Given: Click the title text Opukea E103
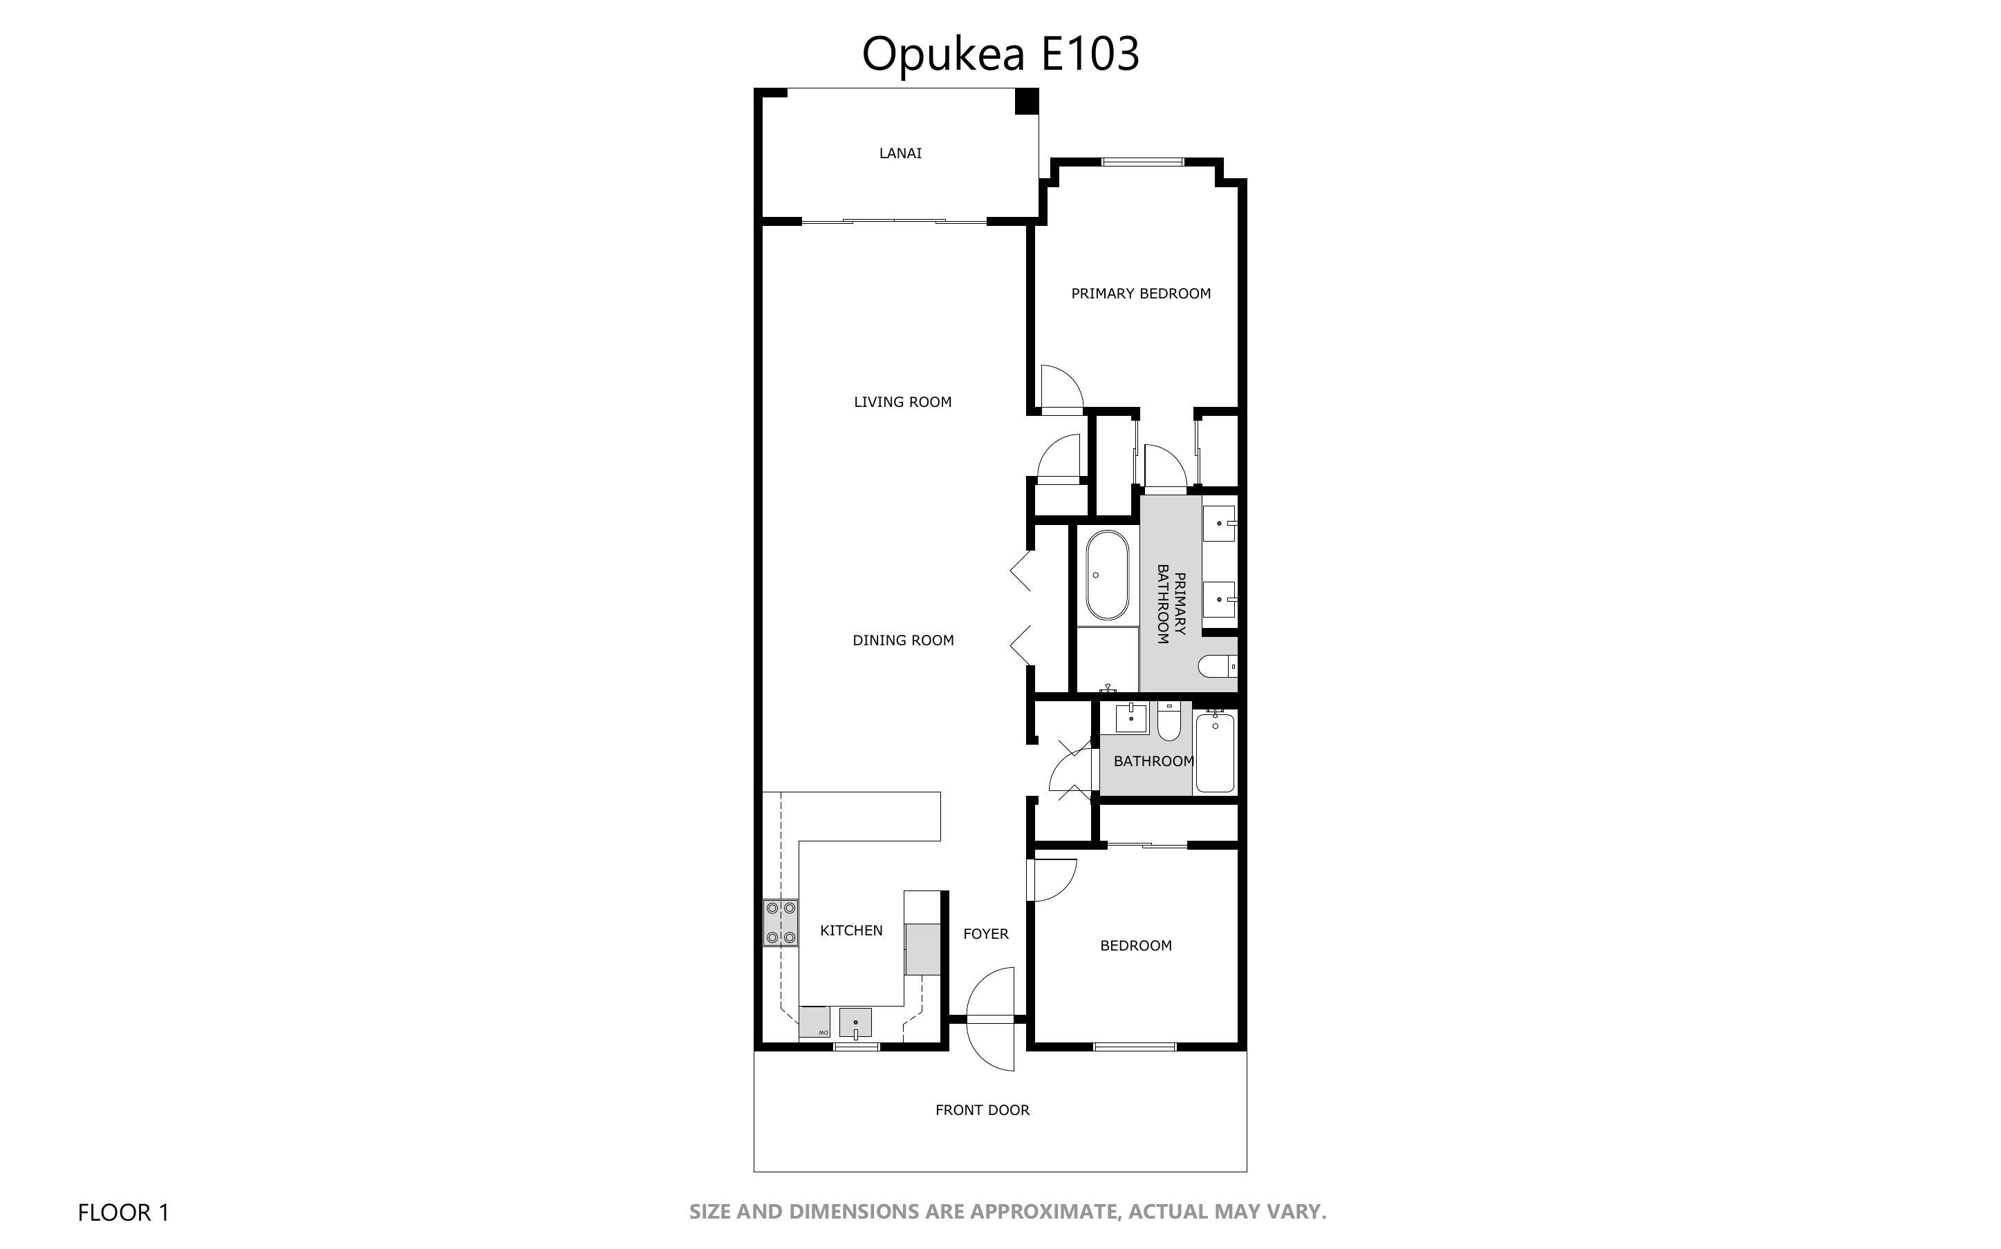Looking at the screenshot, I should (x=1000, y=54).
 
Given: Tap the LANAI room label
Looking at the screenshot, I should (x=900, y=153).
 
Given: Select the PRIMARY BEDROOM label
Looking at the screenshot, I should (x=1141, y=293).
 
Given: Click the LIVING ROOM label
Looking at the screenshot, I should (x=902, y=402).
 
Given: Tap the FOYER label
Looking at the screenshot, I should (x=985, y=934).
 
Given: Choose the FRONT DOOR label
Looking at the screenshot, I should (x=982, y=1110).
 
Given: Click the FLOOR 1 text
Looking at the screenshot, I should (x=123, y=1212).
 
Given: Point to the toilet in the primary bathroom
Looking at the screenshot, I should (x=1218, y=665).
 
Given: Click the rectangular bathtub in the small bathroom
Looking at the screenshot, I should (x=1214, y=752).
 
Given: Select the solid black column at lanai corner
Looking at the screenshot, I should (x=1027, y=101).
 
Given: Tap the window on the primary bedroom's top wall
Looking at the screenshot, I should (x=1142, y=162).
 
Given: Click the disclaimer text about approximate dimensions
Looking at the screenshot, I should (x=1007, y=1212).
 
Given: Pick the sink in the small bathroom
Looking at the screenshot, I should (x=1130, y=718).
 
